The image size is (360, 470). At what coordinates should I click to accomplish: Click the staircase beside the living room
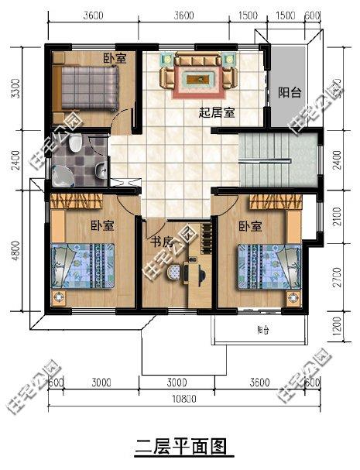(277, 159)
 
